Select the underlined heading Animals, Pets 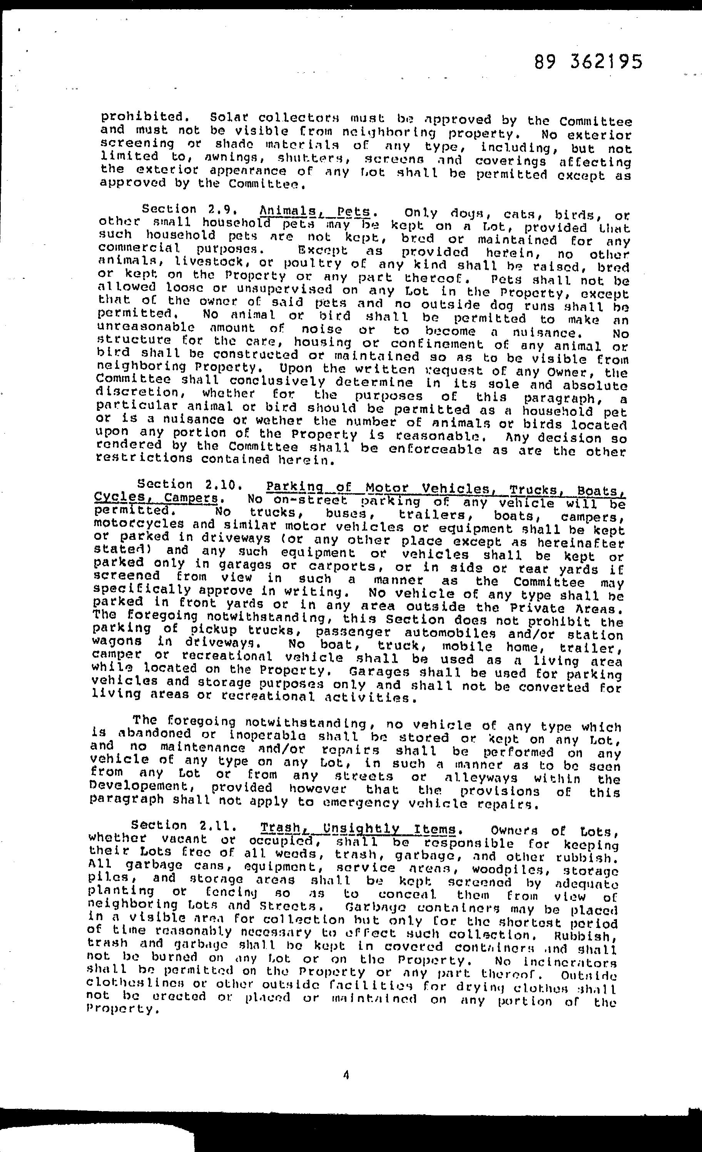click(x=316, y=211)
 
